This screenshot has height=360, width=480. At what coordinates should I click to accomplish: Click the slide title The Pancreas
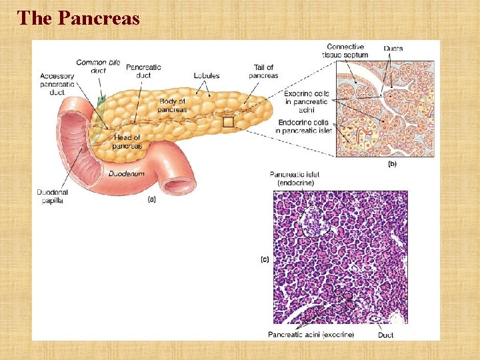(x=79, y=18)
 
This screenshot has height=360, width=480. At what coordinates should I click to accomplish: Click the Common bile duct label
(x=98, y=66)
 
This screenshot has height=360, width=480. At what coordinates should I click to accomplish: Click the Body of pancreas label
(x=172, y=105)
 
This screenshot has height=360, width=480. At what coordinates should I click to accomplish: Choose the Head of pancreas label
(x=127, y=142)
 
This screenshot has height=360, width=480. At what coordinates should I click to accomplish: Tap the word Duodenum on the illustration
(x=126, y=174)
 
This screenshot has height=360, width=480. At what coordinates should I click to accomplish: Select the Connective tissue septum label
(x=347, y=51)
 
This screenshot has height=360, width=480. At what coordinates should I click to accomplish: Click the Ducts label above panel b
(x=393, y=49)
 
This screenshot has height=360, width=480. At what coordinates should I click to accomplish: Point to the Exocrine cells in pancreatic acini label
(x=306, y=101)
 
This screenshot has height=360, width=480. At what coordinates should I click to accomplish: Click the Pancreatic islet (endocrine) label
(x=295, y=178)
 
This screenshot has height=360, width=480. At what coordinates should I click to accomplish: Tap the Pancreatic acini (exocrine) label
(x=311, y=334)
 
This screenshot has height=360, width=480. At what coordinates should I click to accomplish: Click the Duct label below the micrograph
(x=385, y=335)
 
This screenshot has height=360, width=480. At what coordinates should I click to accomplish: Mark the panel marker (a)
(x=151, y=198)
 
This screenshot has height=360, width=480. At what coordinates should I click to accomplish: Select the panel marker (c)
(x=265, y=259)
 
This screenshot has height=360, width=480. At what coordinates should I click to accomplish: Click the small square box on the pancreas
(x=229, y=122)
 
